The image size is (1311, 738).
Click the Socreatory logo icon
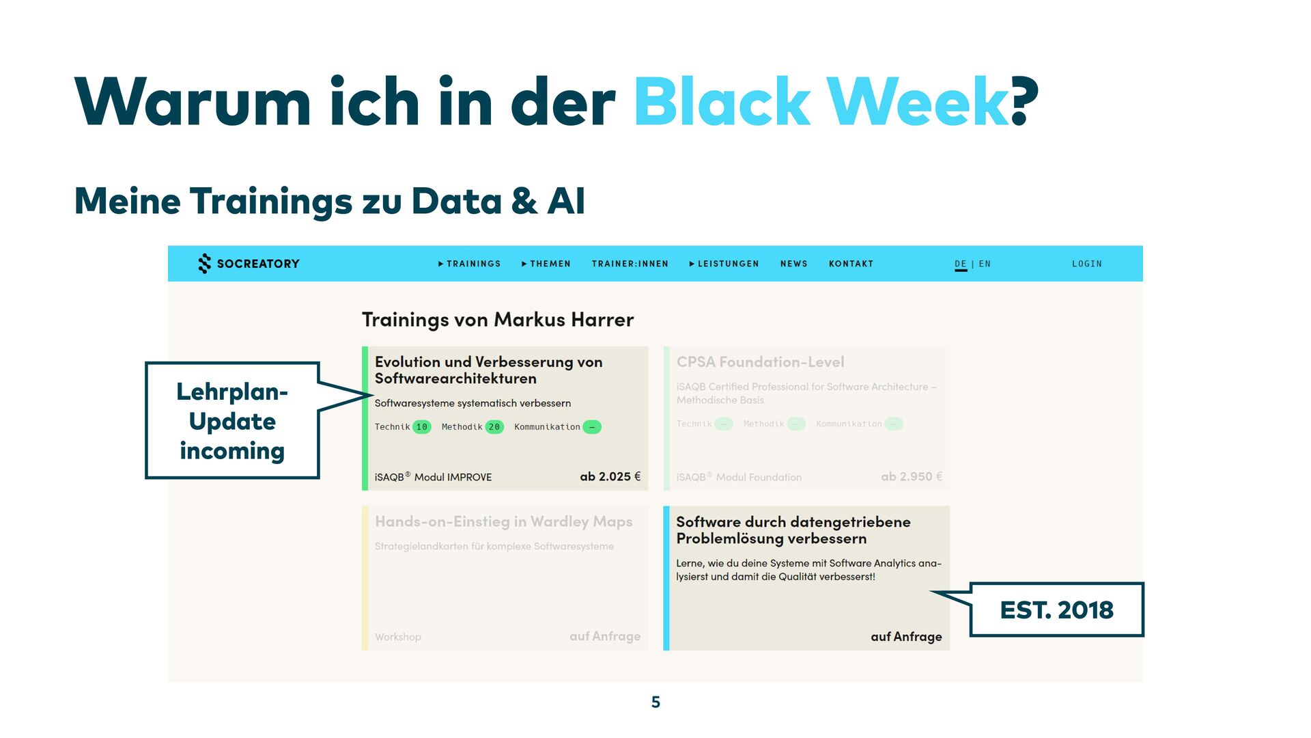pos(204,264)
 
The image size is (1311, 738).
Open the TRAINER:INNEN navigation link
pos(630,264)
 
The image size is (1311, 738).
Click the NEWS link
pos(793,264)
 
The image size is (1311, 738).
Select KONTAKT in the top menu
pos(851,264)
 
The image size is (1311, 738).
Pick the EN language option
pos(985,264)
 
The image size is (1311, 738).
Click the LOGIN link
pos(1086,264)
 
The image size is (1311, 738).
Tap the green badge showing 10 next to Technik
pos(422,427)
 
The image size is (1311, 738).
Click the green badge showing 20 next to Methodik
pos(494,427)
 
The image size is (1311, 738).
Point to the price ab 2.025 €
pos(610,476)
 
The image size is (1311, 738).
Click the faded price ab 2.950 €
pos(911,476)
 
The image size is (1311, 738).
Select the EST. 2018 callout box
pos(1056,610)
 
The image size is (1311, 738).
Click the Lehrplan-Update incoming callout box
pos(232,420)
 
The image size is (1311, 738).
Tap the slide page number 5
pos(655,702)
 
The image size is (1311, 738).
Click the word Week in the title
pos(918,102)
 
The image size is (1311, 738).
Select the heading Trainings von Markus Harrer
pos(498,319)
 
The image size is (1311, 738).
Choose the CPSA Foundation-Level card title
pos(760,362)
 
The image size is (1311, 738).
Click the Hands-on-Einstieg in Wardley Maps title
pos(503,521)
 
